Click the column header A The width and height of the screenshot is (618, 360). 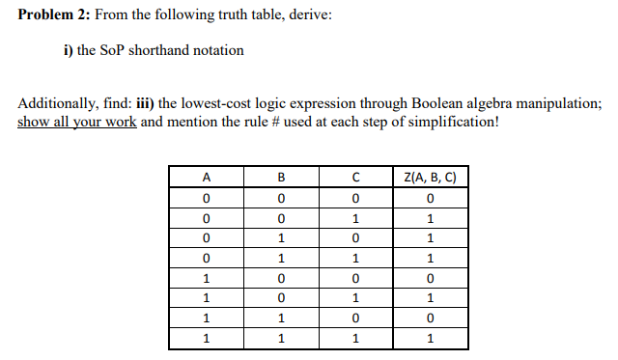tap(206, 177)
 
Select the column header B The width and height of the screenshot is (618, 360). tap(281, 177)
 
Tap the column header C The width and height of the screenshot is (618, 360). tap(356, 177)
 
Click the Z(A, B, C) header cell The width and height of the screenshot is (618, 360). tap(432, 177)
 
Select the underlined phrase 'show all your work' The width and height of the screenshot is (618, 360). tap(76, 123)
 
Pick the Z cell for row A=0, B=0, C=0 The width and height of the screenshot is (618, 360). tap(432, 198)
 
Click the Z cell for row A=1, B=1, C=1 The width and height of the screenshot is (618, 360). tap(432, 339)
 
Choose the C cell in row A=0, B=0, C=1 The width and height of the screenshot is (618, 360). tap(356, 218)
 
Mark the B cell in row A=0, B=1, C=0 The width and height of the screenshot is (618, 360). tap(281, 238)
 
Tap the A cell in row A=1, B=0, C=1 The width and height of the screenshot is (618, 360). tap(206, 298)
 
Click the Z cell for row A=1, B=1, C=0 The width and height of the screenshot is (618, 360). tap(432, 318)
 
